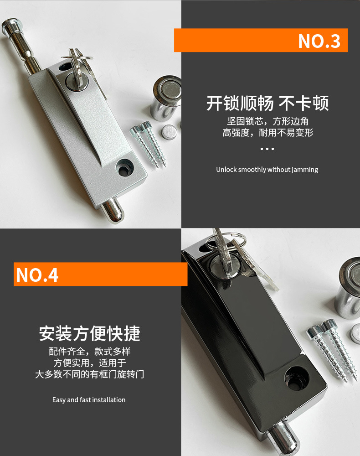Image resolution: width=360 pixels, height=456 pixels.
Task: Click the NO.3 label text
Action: click(319, 41)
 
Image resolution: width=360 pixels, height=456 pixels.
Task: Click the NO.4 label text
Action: click(37, 275)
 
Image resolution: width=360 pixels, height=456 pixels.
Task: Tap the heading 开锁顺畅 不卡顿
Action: click(267, 103)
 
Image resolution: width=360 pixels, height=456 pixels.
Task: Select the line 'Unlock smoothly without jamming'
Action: click(267, 170)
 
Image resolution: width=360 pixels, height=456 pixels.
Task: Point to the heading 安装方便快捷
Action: click(90, 333)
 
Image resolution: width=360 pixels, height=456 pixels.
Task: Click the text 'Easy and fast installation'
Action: click(89, 400)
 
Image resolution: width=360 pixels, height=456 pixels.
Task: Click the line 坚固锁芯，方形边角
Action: click(267, 121)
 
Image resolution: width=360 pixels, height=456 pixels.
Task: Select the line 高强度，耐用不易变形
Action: click(267, 133)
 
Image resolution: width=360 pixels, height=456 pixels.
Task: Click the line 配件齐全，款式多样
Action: click(90, 351)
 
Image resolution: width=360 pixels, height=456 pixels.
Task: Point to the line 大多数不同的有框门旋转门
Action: click(89, 374)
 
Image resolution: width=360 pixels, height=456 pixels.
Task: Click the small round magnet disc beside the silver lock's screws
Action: click(169, 132)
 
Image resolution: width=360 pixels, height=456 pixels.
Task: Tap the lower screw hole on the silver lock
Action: click(124, 168)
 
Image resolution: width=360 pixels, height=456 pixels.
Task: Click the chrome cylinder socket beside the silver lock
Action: click(166, 98)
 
